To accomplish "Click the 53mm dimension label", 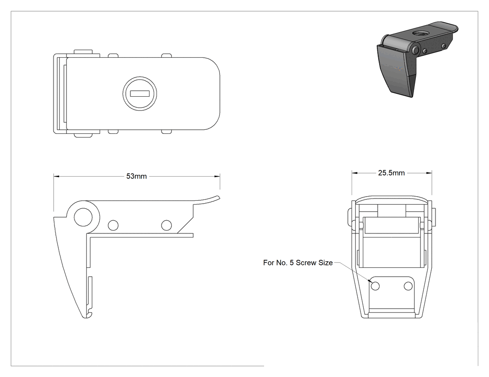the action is (136, 176).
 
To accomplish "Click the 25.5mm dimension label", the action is (391, 173).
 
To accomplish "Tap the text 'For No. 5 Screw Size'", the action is (298, 263).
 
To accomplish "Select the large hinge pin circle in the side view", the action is (83, 217).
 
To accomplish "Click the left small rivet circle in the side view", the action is (113, 225).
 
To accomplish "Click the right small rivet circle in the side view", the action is (167, 225).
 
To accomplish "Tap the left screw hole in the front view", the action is (375, 286).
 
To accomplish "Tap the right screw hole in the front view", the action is (408, 286).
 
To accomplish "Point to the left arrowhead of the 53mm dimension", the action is (56, 176).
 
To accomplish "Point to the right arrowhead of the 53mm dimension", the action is (217, 176).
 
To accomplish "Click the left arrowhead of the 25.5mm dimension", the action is (354, 173).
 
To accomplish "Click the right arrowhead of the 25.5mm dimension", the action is (429, 173).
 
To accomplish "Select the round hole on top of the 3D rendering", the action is (418, 33).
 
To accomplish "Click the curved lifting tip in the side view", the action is (211, 199).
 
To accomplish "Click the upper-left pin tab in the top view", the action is (83, 52).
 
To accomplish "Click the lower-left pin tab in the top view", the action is (83, 135).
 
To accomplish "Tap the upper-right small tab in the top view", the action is (167, 56).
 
